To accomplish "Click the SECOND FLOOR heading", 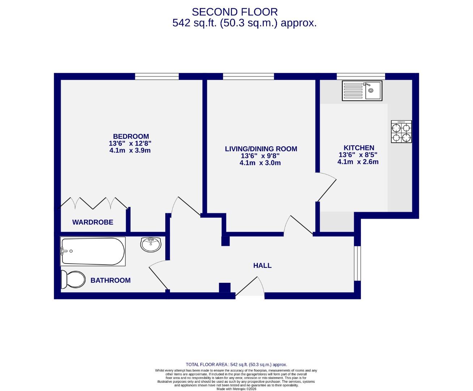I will point(235,12).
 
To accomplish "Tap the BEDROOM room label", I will point(131,136).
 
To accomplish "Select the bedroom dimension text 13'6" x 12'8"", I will point(130,143).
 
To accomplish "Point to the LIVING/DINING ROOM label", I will point(261,149).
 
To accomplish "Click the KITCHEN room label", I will point(359,148).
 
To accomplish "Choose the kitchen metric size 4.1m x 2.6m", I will point(358,162).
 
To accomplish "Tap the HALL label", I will point(262,266).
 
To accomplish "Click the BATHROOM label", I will point(110,280).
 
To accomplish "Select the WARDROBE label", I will point(93,222).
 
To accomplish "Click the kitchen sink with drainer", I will point(362,91).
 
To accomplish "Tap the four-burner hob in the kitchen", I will point(401,132).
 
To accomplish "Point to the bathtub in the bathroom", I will point(93,251).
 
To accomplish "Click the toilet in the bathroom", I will point(72,279).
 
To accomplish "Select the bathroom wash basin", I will point(150,245).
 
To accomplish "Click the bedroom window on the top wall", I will point(157,76).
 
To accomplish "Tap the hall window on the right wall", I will point(357,263).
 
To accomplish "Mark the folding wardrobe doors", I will point(93,203).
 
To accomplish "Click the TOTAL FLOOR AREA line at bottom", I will point(236,365).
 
